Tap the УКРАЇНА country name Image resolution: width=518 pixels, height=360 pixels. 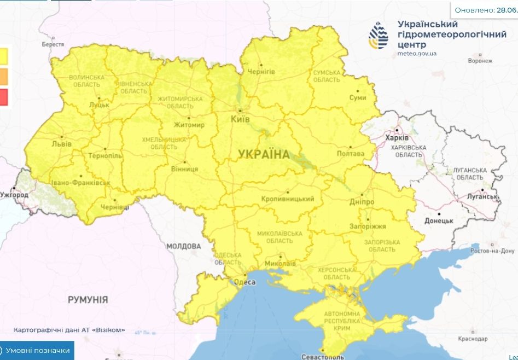(264, 154)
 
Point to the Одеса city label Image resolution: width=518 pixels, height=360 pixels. (245, 282)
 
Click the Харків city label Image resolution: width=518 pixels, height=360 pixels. (397, 138)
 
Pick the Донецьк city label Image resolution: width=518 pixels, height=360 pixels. (439, 220)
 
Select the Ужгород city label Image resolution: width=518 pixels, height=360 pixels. (14, 195)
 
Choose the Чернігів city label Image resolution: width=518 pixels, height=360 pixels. (261, 72)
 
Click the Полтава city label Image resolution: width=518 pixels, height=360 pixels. (351, 154)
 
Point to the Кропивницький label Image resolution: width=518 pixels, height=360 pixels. (288, 199)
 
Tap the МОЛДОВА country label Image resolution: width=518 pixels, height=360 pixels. (183, 246)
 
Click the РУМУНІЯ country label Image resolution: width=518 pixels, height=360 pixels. (88, 300)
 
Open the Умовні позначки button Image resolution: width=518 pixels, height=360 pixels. (37, 351)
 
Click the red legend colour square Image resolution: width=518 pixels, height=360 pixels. (3, 97)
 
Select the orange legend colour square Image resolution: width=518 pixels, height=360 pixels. (3, 76)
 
